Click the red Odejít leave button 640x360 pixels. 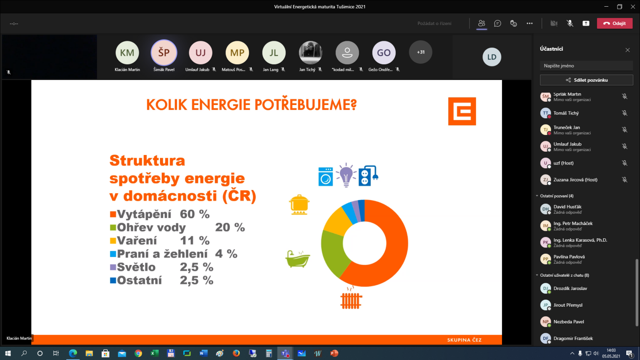click(x=615, y=23)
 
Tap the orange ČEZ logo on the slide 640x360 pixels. click(x=462, y=111)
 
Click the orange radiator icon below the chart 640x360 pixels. click(x=351, y=298)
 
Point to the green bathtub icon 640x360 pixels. click(x=297, y=259)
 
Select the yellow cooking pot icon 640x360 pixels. click(x=299, y=205)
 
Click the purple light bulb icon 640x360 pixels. click(x=346, y=175)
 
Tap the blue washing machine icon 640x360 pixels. click(x=325, y=177)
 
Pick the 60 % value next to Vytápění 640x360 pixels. click(x=195, y=214)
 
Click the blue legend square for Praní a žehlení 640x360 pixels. click(x=113, y=254)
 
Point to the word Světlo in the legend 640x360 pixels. click(x=136, y=267)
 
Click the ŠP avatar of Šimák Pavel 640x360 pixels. click(x=164, y=52)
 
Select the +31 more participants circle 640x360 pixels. click(x=420, y=52)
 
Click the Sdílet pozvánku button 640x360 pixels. click(x=586, y=80)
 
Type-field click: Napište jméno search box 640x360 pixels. click(x=586, y=66)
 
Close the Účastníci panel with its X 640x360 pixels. click(x=627, y=50)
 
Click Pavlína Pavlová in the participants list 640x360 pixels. click(x=569, y=257)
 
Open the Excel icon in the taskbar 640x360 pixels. click(x=155, y=353)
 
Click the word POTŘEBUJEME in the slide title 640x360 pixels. click(x=305, y=105)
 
